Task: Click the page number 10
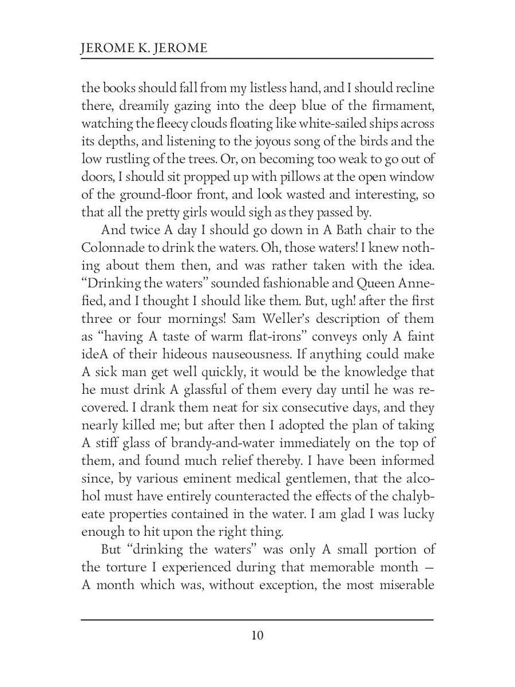(257, 635)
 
